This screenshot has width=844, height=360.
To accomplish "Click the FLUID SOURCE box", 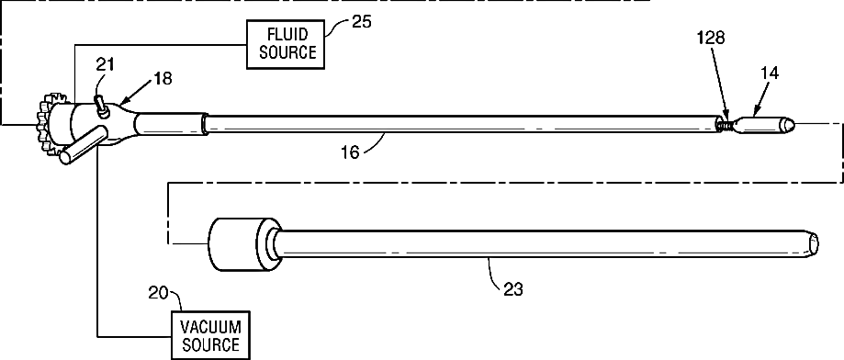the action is [x=286, y=44].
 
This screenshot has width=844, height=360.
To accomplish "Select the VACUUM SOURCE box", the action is [x=210, y=334].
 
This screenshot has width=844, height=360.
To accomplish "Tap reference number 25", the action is [x=361, y=22].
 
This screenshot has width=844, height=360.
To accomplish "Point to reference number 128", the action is [x=711, y=38].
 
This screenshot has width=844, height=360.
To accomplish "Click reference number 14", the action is [x=770, y=73].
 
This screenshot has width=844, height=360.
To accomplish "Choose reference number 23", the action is [x=512, y=289].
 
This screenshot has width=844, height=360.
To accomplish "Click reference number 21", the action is [x=105, y=64].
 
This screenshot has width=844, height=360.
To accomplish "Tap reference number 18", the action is [x=163, y=78].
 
